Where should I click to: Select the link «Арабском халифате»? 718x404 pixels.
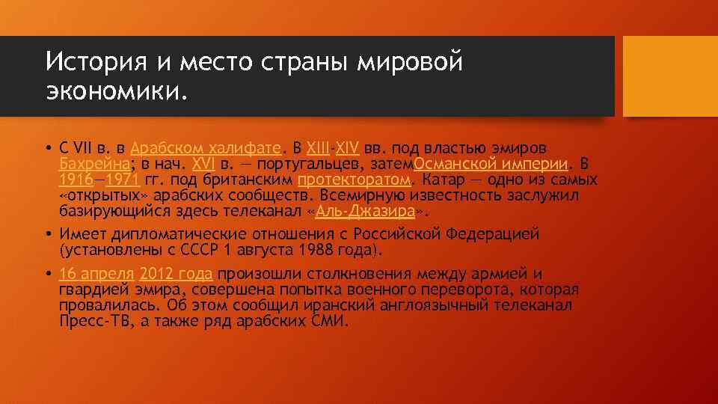pos(206,147)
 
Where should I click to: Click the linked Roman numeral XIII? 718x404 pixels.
pos(318,147)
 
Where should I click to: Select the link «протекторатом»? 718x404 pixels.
pos(354,180)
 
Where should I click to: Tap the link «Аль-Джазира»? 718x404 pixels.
pos(366,212)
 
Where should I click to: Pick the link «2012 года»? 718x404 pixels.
pos(177,273)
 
